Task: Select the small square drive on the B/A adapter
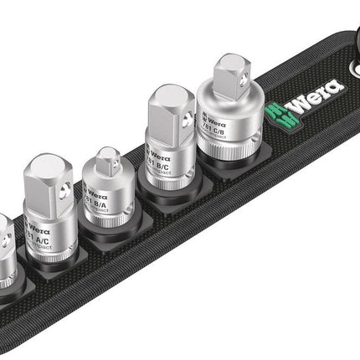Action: pyautogui.click(x=110, y=162)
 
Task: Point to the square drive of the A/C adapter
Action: pyautogui.click(x=50, y=178)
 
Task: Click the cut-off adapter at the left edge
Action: pyautogui.click(x=5, y=251)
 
